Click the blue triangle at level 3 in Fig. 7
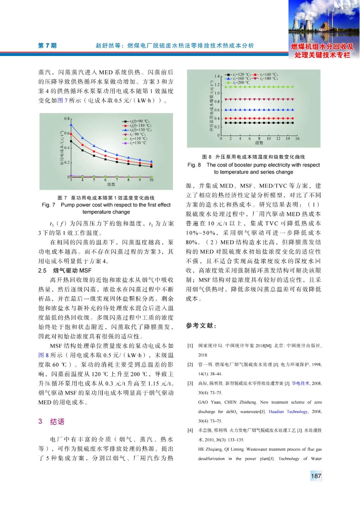(71, 125)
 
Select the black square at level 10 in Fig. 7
(151, 166)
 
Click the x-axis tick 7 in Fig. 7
(117, 180)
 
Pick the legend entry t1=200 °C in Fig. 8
(241, 82)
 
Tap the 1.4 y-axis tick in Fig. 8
(217, 76)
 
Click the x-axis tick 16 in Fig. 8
(297, 138)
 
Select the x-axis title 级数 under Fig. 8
(259, 143)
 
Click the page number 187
(316, 476)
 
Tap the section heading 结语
(57, 422)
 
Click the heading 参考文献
(201, 325)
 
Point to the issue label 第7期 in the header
(47, 46)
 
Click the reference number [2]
(190, 364)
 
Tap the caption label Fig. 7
(48, 205)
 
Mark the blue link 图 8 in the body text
(43, 355)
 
